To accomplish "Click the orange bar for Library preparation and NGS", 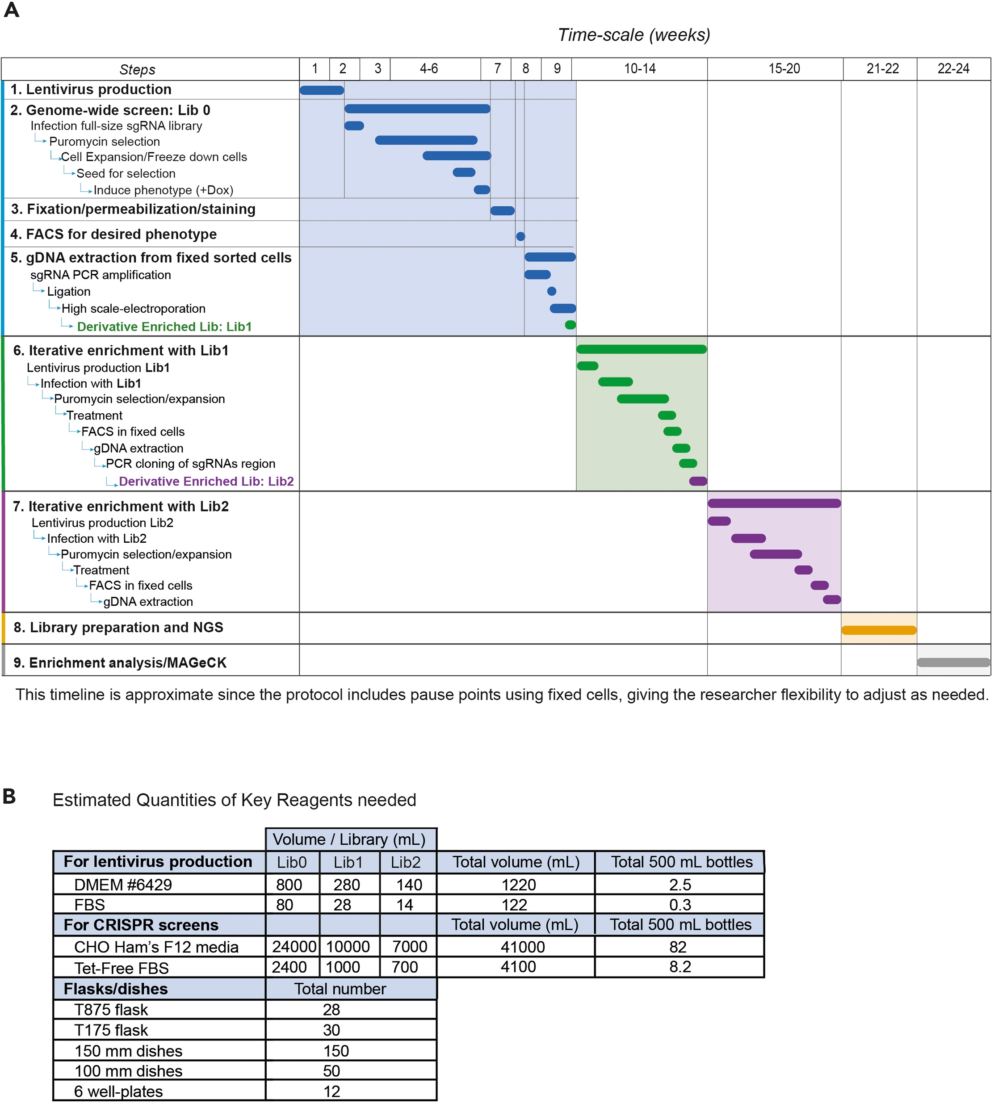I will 878,630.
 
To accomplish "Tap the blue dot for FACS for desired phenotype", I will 520,236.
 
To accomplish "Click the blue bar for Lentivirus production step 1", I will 322,90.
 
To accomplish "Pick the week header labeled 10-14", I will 640,69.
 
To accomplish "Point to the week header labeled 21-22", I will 882,69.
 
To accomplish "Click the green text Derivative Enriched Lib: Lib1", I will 164,327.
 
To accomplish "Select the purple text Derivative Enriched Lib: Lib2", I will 206,481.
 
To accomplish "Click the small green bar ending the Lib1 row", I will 570,325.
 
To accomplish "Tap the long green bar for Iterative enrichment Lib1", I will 641,349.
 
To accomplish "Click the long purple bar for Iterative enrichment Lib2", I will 774,503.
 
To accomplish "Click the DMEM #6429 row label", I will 123,885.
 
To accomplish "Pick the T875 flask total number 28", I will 331,1010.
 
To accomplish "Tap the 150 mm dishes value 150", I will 336,1051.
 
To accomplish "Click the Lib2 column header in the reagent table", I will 405,862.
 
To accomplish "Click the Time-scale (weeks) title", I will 633,35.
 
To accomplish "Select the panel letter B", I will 9,797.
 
